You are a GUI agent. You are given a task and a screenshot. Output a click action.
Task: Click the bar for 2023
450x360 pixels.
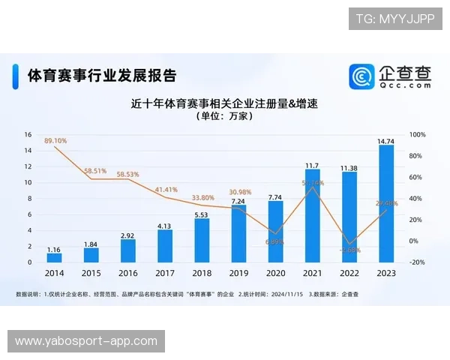pos(386,204)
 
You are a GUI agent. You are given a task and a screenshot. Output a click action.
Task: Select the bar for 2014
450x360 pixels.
pos(55,257)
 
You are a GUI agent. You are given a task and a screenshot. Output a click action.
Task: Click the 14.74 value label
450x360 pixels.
pos(386,140)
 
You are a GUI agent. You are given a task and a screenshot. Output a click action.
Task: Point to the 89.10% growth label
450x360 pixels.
pos(55,140)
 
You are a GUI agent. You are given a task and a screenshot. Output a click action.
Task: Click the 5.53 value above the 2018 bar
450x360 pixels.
pos(202,214)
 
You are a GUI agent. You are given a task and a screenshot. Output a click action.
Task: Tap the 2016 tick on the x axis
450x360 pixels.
pos(128,274)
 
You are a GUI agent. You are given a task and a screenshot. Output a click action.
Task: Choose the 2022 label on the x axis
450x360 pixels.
pos(349,274)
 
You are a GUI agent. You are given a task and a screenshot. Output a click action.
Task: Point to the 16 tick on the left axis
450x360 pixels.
pos(28,135)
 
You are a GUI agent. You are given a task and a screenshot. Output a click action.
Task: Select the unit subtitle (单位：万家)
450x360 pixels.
pos(224,117)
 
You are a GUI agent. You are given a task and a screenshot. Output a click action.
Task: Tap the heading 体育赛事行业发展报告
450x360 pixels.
pos(102,76)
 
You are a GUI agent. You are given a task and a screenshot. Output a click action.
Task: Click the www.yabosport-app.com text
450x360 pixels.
pos(86,341)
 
